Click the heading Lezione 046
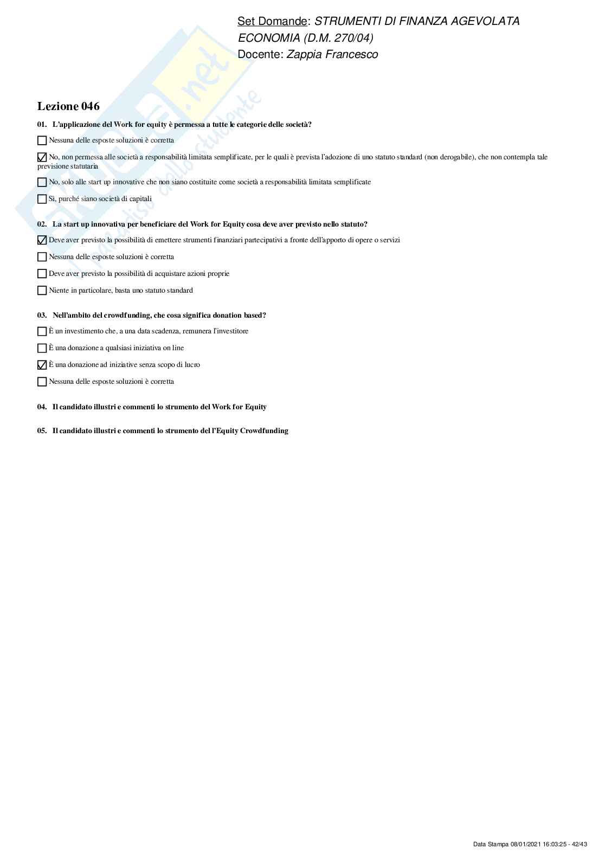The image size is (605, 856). [x=68, y=106]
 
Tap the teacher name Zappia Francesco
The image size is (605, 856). [x=332, y=54]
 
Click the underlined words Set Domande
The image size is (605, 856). [x=272, y=21]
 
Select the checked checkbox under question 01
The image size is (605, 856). [x=42, y=157]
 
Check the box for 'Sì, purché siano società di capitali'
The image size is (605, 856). [x=42, y=199]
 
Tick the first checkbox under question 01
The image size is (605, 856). [x=42, y=140]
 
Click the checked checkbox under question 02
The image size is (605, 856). [x=42, y=240]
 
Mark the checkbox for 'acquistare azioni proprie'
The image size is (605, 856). [x=42, y=274]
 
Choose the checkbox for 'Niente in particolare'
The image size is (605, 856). [x=42, y=291]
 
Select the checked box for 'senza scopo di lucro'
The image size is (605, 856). [x=42, y=365]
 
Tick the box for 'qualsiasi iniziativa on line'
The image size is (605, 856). [x=42, y=348]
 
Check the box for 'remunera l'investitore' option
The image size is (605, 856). [x=42, y=331]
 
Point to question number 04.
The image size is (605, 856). [x=42, y=407]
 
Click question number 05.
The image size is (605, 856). [x=42, y=431]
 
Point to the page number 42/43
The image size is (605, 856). [x=580, y=844]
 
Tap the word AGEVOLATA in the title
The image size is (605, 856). [x=487, y=21]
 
